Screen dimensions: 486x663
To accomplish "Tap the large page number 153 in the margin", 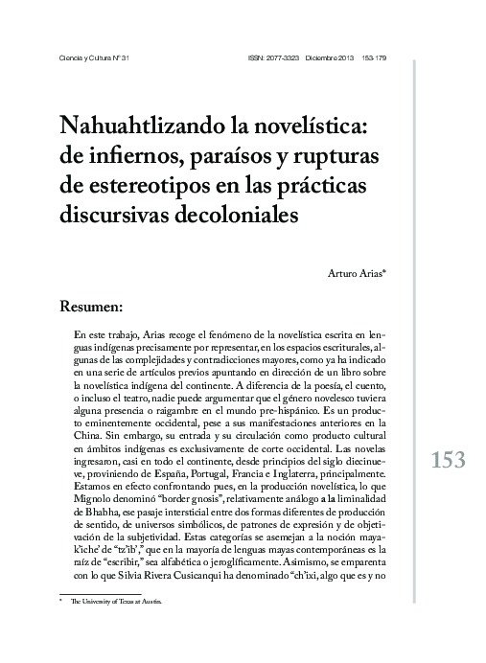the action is (446, 460).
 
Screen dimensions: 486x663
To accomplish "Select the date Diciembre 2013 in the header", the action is (329, 58).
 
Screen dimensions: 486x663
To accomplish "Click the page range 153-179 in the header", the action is (376, 58).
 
